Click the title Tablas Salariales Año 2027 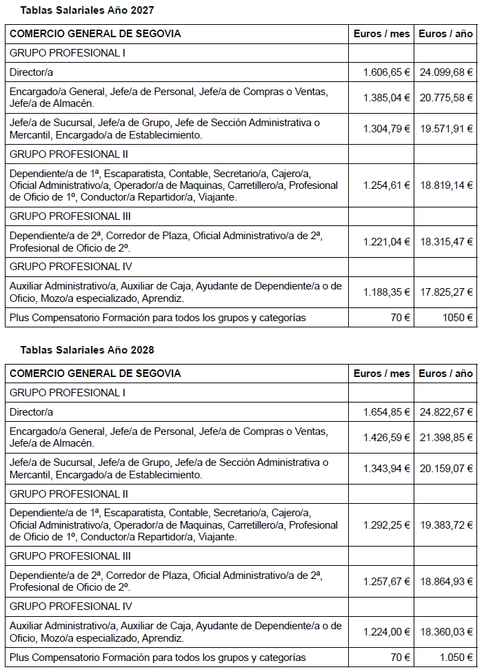tap(87, 10)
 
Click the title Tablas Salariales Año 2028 tap(87, 350)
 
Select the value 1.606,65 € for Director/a tap(386, 72)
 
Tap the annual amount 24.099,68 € tap(446, 72)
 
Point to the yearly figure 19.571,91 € tap(446, 128)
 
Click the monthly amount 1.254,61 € tap(386, 185)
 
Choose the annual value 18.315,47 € tap(446, 241)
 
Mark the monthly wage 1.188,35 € tap(386, 292)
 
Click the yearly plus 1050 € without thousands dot tap(458, 318)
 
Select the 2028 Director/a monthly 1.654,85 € tap(386, 412)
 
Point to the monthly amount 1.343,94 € tap(386, 468)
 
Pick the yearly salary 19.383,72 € tap(446, 525)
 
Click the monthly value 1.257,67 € tap(386, 581)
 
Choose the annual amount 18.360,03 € tap(446, 632)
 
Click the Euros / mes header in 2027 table tap(381, 34)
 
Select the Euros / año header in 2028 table tap(446, 374)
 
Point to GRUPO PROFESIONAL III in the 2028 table tap(70, 556)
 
